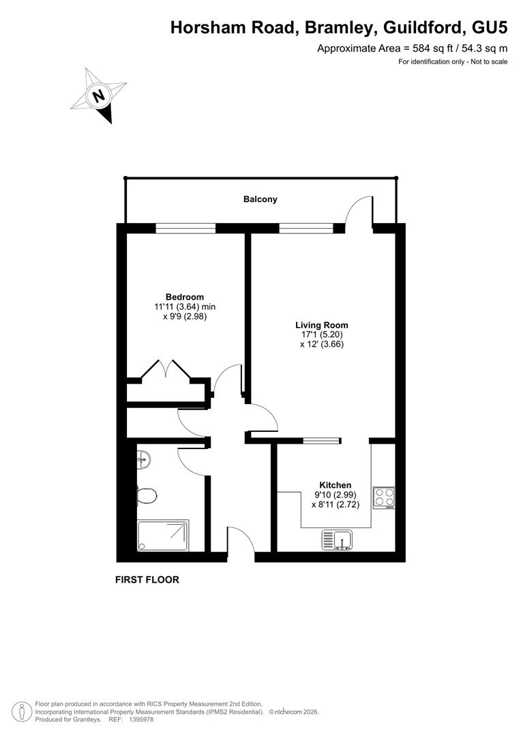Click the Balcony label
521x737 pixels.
click(x=260, y=199)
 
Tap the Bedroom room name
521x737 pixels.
click(x=185, y=297)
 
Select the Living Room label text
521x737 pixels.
click(x=322, y=326)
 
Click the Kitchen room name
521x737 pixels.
click(x=336, y=485)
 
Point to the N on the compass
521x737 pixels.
click(x=99, y=96)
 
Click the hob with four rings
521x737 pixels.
click(x=384, y=497)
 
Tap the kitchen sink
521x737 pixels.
click(x=338, y=540)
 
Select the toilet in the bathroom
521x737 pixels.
click(x=147, y=495)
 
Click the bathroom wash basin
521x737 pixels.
click(x=144, y=459)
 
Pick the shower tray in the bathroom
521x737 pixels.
click(x=164, y=536)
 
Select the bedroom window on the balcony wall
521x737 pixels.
click(x=185, y=229)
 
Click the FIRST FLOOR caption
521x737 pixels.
click(x=147, y=579)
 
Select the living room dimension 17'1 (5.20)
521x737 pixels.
click(x=322, y=334)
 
